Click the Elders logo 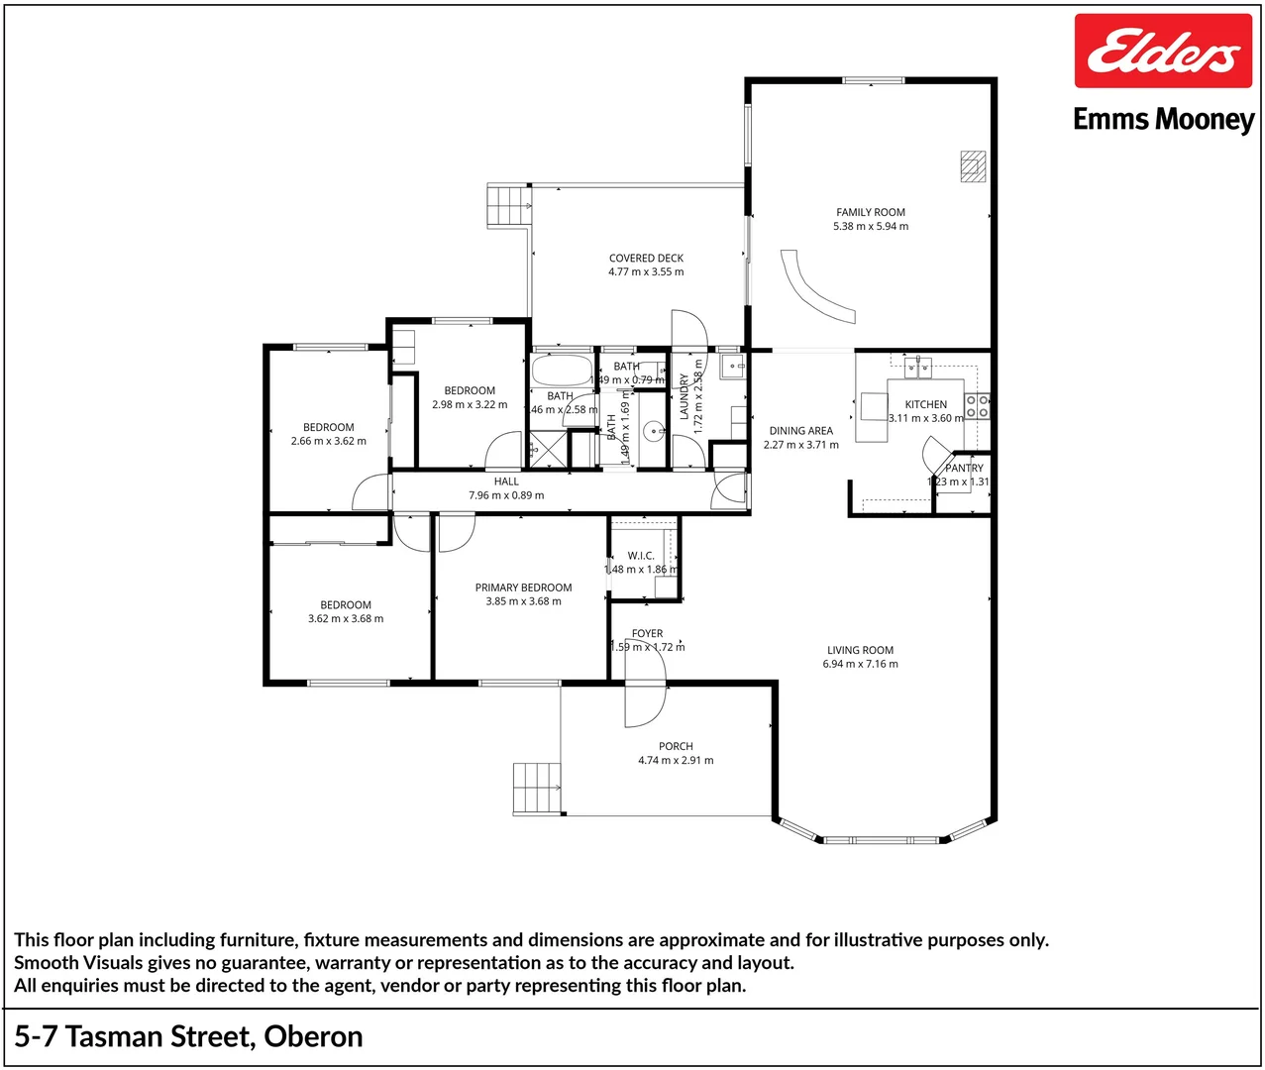point(1163,52)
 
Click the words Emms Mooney point(1163,120)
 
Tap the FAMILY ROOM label point(870,212)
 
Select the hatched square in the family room point(973,165)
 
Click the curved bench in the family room point(814,287)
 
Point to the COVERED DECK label point(646,258)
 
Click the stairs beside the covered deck point(507,206)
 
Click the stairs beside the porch point(536,789)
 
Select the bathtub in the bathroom point(562,371)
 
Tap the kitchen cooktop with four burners point(977,406)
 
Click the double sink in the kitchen point(917,369)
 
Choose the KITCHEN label point(925,404)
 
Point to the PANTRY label point(964,468)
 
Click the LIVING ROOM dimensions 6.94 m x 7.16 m point(860,664)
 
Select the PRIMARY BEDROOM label point(523,588)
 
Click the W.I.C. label point(641,556)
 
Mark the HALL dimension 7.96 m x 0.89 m point(506,495)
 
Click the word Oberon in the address point(313,1036)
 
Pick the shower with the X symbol point(546,449)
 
